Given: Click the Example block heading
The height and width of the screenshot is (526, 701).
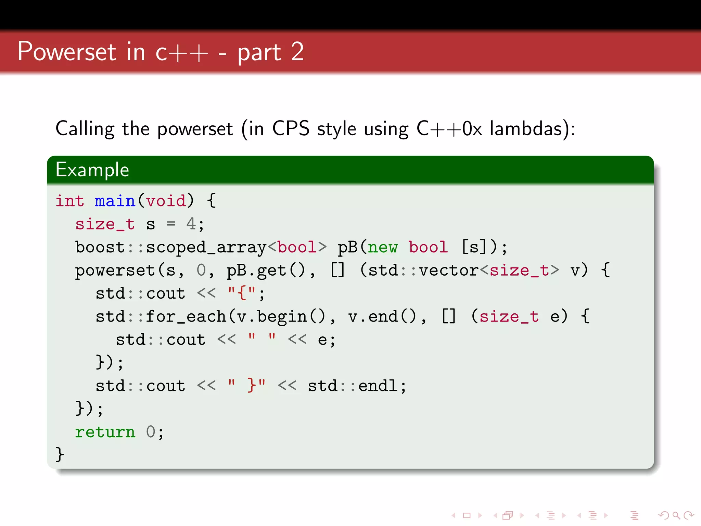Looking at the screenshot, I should pos(92,170).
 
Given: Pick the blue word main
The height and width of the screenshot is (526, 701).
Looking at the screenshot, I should pos(115,201).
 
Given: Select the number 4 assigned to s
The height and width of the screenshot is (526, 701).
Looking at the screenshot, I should pos(191,224).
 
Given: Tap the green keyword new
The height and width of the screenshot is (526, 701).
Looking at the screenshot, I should pos(383,248).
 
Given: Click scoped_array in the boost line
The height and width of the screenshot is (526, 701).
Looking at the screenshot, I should pos(206,248).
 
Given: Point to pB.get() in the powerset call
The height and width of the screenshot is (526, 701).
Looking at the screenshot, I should pos(265,271).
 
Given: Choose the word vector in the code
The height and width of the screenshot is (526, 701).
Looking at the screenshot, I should pos(448,271).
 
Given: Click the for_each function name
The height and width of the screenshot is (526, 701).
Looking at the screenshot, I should pos(186,317).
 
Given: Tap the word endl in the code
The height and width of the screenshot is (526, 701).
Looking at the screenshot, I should pos(378,386).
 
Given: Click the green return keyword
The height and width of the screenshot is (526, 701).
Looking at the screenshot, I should pos(105,432).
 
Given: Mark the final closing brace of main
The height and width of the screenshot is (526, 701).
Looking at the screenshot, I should pos(60,454).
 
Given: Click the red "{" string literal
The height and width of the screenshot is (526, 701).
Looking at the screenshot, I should pos(242,293).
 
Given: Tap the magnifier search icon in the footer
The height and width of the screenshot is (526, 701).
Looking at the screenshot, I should pos(676,515).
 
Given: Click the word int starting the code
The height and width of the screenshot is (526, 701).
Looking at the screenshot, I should pos(70,201).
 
